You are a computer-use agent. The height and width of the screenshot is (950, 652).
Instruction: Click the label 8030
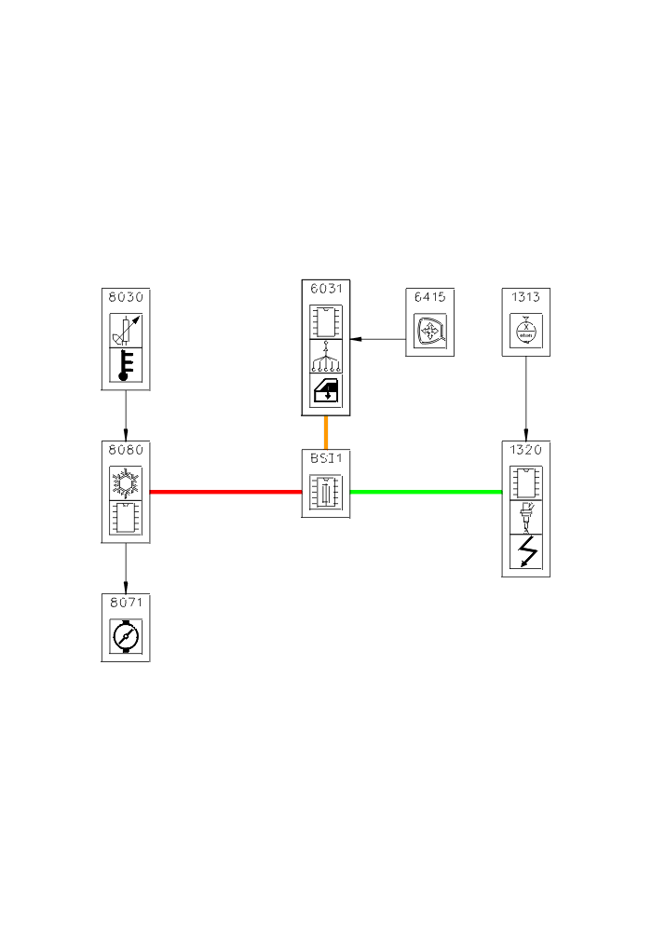pos(126,297)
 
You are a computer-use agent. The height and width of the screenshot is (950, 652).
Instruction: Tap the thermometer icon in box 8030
pos(126,366)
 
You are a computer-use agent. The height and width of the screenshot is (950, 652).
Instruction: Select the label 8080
pos(126,450)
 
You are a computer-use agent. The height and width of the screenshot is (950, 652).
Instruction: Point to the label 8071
pos(126,602)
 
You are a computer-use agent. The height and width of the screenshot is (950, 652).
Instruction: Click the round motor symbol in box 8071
pos(126,636)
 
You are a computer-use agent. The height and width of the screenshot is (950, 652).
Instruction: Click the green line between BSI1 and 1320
pos(426,491)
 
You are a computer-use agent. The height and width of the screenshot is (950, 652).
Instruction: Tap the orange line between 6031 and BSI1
pos(326,433)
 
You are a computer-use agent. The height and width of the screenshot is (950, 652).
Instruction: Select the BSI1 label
pos(326,458)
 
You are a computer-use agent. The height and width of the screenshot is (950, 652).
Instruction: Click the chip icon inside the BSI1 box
pos(326,492)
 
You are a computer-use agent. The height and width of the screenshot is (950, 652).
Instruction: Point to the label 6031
pos(326,288)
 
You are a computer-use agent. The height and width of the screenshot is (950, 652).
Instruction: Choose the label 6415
pos(430,297)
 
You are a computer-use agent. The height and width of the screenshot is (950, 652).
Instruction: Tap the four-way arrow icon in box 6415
pos(430,332)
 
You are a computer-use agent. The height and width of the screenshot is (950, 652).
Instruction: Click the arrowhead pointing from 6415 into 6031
pos(356,338)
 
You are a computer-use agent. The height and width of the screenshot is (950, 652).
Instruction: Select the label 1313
pos(526,297)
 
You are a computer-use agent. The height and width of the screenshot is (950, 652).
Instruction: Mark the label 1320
pos(526,450)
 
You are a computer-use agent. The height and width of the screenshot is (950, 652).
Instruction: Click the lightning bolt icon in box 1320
pos(526,553)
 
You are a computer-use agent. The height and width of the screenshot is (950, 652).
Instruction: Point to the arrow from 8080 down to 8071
pos(126,567)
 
